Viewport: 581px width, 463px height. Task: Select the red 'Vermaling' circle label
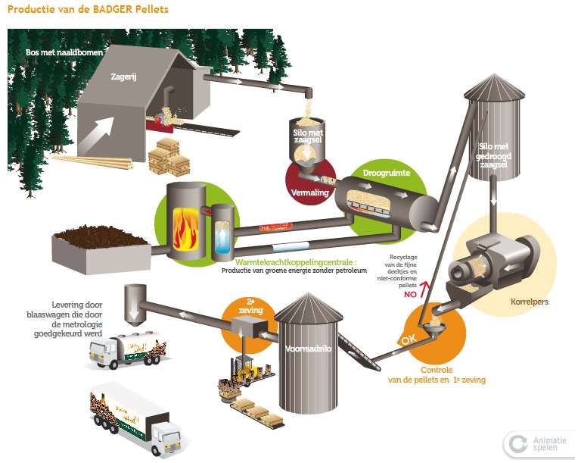click(307, 192)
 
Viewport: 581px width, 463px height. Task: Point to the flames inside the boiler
click(182, 227)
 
